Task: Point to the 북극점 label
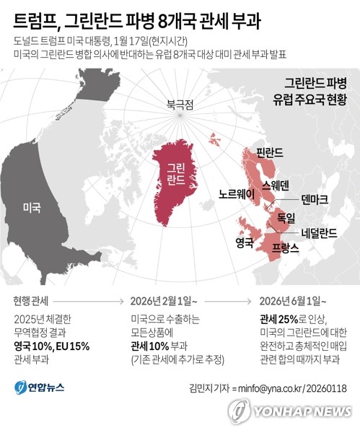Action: [x=181, y=104]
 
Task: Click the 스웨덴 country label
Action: [x=276, y=185]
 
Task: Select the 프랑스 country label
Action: [x=285, y=248]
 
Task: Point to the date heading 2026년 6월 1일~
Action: [x=294, y=300]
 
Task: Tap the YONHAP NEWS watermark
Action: [x=291, y=411]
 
